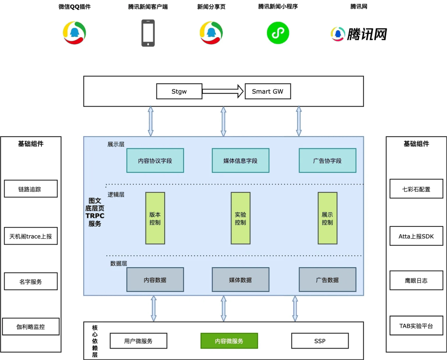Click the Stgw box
coord(179,91)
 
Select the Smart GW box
coord(268,91)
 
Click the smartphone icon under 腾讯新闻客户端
coord(148,33)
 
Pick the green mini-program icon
coord(278,33)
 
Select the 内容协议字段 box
coord(155,161)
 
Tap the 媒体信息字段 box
coord(240,161)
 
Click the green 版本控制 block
coord(155,218)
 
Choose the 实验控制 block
coord(240,218)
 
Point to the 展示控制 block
coord(327,218)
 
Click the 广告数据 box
coord(327,280)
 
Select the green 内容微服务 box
coord(229,341)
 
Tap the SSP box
coord(320,341)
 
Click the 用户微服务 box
coord(138,341)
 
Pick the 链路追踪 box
coord(31,189)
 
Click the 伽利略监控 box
coord(31,326)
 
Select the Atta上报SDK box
coord(416,236)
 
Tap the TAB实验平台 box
coord(416,326)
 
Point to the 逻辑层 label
coord(116,194)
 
